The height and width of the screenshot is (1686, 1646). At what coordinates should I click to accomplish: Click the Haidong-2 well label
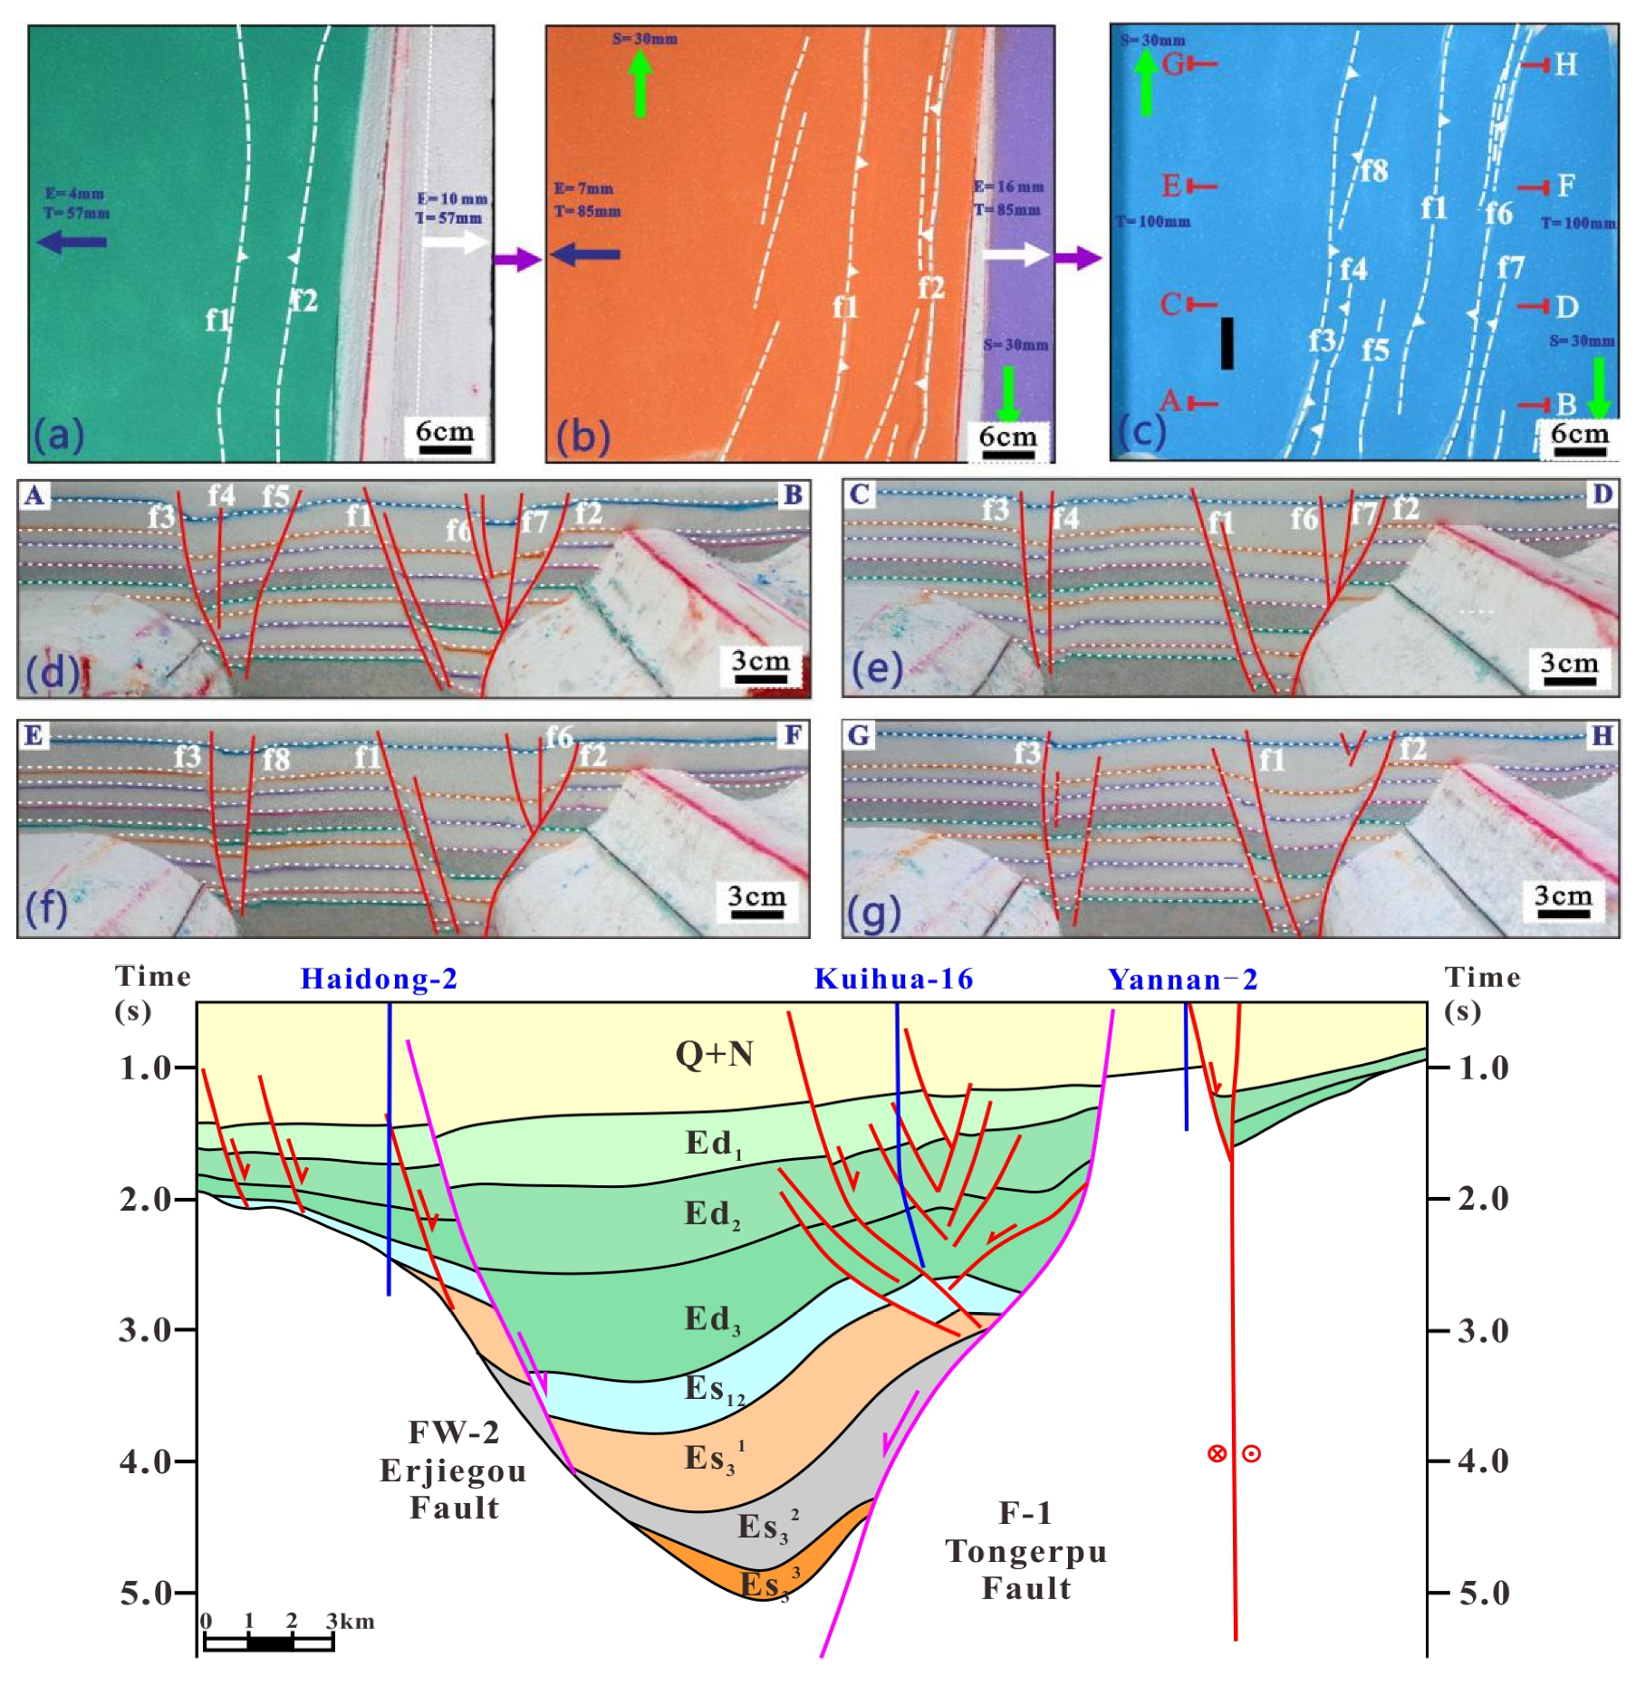(379, 979)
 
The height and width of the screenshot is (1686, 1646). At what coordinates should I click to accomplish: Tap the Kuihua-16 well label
(893, 979)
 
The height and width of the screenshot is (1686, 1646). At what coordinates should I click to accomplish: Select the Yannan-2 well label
(1183, 980)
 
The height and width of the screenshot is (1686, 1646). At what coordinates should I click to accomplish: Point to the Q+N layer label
(714, 1054)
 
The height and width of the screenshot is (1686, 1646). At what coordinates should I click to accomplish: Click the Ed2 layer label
(712, 1214)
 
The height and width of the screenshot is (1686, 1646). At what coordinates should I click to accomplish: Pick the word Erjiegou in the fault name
(453, 1470)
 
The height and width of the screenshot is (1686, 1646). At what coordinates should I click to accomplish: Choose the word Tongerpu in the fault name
(1026, 1551)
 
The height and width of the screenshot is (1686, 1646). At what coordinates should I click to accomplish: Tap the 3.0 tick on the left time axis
(145, 1330)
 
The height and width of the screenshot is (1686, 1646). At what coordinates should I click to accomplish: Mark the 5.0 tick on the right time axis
(1483, 1593)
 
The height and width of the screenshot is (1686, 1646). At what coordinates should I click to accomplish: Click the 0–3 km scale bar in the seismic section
(269, 1643)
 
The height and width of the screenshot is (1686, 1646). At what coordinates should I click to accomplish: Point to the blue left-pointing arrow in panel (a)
(72, 242)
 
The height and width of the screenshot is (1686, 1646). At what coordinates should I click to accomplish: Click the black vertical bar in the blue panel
(1227, 343)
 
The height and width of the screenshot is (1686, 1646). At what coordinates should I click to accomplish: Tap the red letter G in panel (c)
(1173, 63)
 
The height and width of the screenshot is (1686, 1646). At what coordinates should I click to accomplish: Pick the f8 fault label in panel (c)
(1373, 170)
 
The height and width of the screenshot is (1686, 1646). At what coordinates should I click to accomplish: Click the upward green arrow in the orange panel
(640, 81)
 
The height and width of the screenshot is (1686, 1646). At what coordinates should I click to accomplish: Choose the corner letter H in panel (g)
(1602, 735)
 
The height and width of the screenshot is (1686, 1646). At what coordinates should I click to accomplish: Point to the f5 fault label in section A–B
(275, 496)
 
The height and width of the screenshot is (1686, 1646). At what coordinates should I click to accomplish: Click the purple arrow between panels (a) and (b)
(517, 259)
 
